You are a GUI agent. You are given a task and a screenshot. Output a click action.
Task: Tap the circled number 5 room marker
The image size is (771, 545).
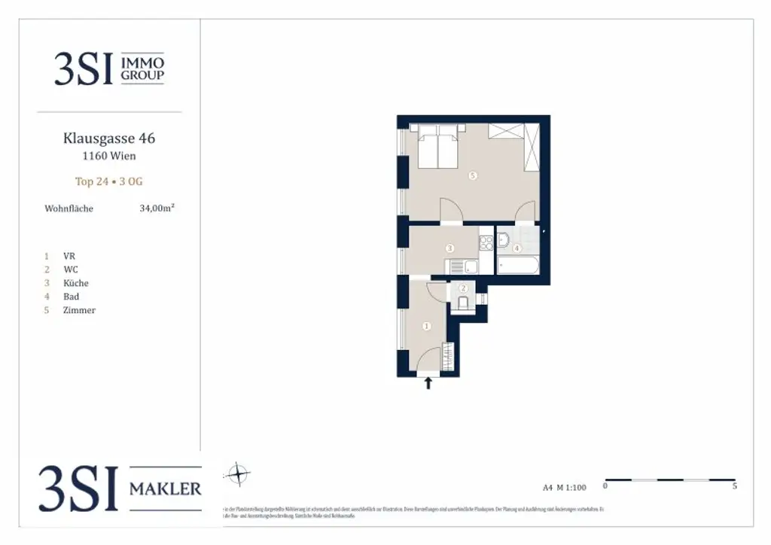tap(472, 176)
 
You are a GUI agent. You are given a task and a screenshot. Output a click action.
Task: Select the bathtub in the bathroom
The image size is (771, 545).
tap(518, 265)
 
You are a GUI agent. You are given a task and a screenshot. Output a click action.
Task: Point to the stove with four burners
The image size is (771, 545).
tap(486, 242)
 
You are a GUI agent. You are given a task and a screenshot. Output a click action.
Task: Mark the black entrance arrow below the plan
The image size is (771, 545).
tap(428, 383)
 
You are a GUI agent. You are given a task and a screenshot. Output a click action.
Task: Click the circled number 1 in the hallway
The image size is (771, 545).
tap(427, 326)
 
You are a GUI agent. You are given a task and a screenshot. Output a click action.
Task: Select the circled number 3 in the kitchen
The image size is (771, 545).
tap(449, 248)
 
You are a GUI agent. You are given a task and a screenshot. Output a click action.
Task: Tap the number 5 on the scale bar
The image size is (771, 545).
tap(734, 486)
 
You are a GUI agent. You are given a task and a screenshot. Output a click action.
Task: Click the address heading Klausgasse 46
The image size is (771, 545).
tap(109, 139)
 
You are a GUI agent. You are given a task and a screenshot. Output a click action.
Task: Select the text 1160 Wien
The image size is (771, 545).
tap(109, 157)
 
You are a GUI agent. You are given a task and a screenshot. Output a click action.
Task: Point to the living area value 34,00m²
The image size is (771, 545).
tap(157, 209)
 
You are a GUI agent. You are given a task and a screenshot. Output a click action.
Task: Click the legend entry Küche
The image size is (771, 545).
tap(76, 283)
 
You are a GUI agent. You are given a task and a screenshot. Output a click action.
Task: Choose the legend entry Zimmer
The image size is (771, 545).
tap(79, 310)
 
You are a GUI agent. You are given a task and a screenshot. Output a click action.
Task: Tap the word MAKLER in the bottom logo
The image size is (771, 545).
tap(166, 489)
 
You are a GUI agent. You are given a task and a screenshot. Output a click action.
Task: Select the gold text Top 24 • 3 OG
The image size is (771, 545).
tap(109, 181)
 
